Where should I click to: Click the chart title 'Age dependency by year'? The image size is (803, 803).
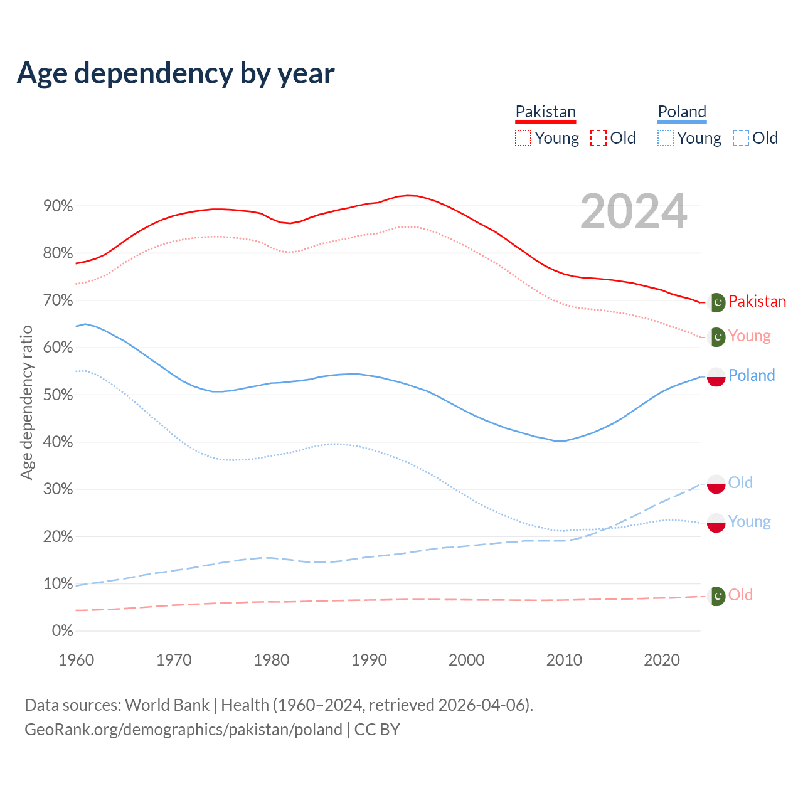176,73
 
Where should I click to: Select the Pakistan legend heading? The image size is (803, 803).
545,112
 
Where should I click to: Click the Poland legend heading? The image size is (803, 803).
682,112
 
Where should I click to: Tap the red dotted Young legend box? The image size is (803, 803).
523,138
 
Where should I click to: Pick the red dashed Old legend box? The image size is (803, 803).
598,138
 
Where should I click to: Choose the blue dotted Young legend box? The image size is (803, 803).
666,138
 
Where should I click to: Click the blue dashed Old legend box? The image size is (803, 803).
741,138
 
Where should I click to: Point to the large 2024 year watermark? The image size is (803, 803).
634,211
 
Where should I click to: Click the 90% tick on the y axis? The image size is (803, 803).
58,206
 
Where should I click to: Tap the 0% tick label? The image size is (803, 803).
62,631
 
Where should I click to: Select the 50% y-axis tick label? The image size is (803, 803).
58,395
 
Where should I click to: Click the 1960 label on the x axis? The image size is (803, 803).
76,660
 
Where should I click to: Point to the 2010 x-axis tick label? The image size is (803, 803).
564,660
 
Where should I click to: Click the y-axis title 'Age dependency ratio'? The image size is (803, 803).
26,402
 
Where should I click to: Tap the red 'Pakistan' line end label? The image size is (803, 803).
757,302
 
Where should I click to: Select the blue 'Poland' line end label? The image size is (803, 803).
752,376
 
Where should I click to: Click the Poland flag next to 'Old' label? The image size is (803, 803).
716,484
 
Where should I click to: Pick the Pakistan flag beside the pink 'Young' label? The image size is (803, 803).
716,337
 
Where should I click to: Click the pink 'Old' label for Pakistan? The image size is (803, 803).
740,595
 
